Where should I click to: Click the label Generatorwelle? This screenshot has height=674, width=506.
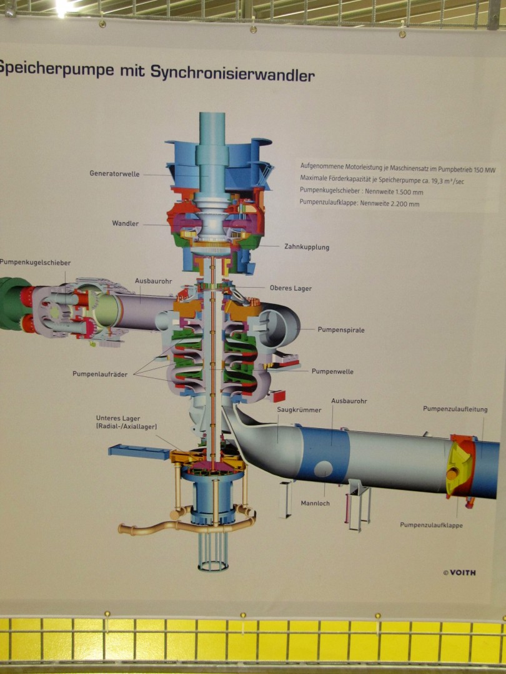[114, 173]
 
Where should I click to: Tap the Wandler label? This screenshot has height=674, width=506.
[126, 223]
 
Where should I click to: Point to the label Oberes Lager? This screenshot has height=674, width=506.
[290, 288]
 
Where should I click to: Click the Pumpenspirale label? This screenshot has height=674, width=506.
[340, 330]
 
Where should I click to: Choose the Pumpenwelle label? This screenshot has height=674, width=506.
[332, 371]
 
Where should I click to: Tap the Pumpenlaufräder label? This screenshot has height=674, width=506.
[99, 374]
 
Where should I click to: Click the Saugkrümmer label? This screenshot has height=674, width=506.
[299, 410]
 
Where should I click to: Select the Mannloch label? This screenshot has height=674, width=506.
[315, 502]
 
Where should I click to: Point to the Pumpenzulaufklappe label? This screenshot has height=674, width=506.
[432, 525]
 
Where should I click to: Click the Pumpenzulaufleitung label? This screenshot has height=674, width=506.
[455, 409]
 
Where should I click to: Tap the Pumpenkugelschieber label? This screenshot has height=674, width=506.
[36, 263]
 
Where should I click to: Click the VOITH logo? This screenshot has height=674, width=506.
[459, 572]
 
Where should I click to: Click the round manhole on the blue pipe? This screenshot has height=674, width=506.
[324, 468]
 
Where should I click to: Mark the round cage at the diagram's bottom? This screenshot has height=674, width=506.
[213, 553]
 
